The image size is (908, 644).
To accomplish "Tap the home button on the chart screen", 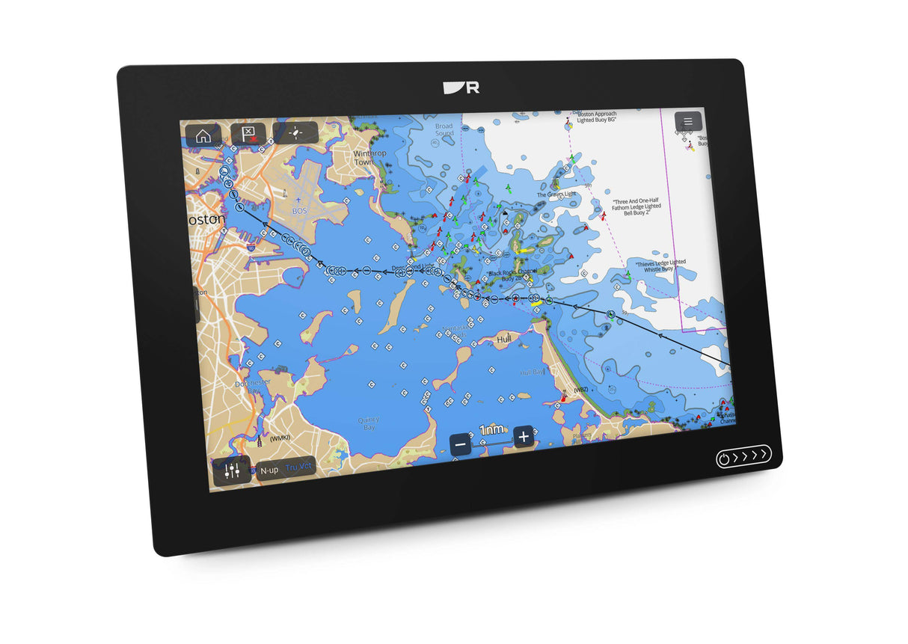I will [x=203, y=135].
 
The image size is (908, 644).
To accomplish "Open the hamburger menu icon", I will [x=688, y=121].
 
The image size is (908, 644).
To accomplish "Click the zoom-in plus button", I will [x=524, y=437].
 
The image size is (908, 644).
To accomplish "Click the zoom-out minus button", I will [x=461, y=444].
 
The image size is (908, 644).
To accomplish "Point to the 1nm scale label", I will [x=491, y=430].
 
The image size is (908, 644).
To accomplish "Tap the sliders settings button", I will [x=232, y=470].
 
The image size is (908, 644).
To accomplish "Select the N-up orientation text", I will [x=269, y=470].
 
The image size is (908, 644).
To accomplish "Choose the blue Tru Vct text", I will [x=299, y=467].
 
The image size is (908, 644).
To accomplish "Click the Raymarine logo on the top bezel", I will [x=461, y=88].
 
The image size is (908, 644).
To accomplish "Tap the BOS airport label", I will [x=299, y=211].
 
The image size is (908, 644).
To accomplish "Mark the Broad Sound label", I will [x=444, y=130].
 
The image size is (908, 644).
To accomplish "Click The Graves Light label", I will [x=556, y=195].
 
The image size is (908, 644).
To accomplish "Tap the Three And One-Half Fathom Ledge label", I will [x=636, y=207].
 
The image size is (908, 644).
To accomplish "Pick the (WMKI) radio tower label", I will [x=279, y=438].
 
